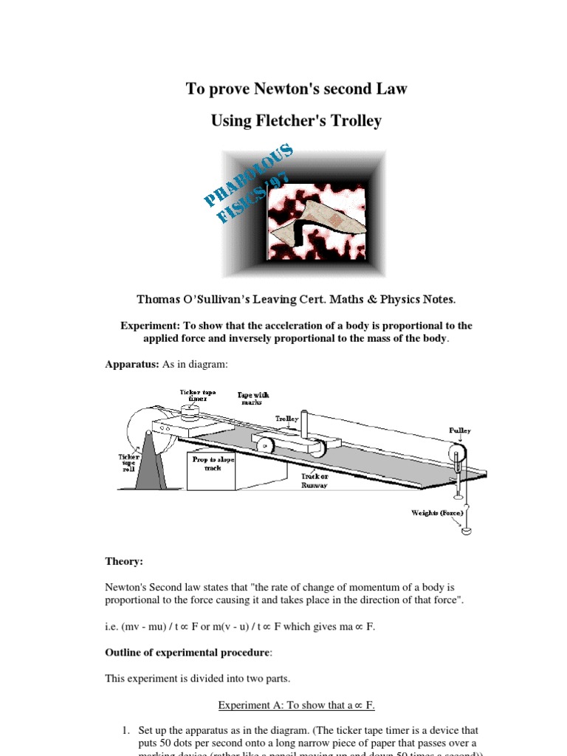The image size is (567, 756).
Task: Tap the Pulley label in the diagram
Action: pyautogui.click(x=459, y=430)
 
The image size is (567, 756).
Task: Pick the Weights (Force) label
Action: pyautogui.click(x=438, y=512)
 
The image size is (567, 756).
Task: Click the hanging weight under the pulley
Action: pyautogui.click(x=466, y=529)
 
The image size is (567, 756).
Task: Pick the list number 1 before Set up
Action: pyautogui.click(x=125, y=730)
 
